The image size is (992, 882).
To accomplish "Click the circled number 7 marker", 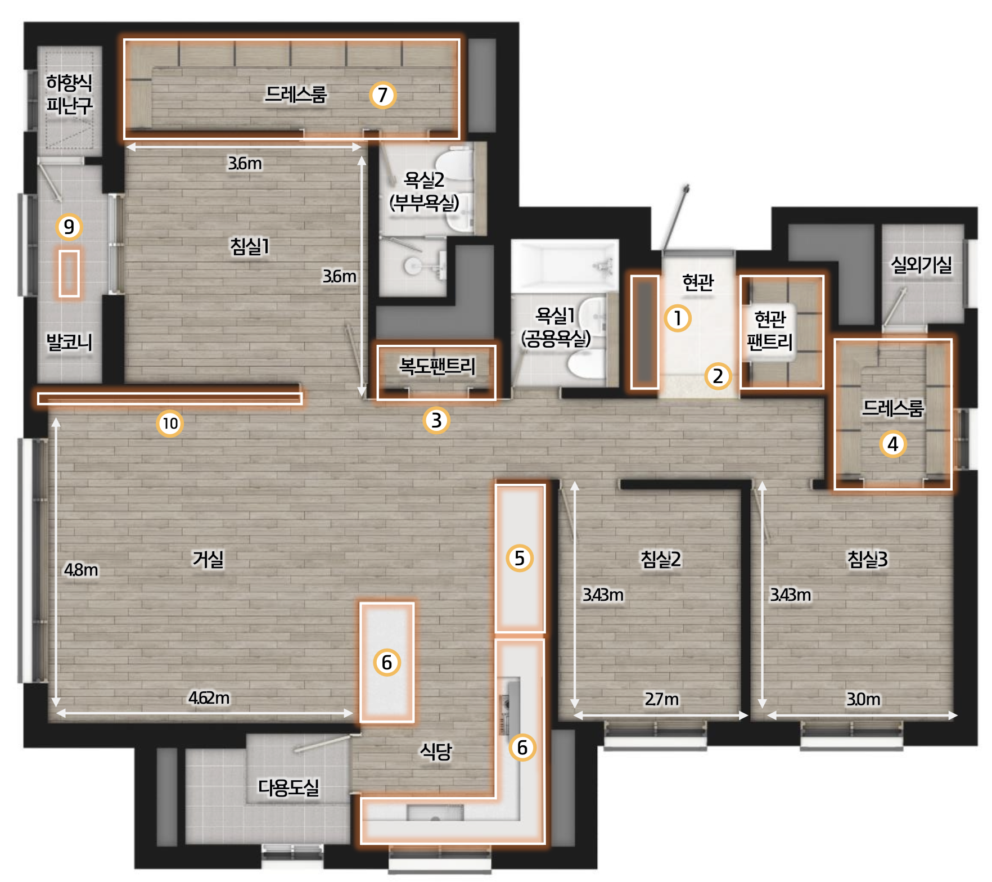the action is pos(383,95).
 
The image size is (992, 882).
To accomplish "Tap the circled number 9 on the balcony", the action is pos(69,227).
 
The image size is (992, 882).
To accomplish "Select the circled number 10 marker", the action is pos(170,423).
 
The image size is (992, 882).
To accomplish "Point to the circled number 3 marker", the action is pos(436,420).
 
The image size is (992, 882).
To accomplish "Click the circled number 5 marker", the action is pos(520,558).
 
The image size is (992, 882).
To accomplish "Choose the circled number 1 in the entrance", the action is pos(678,318).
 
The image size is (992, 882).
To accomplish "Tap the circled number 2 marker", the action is pos(718,376).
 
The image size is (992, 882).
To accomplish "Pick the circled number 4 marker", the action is pos(893,444).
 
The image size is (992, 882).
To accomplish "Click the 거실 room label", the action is pos(208,559).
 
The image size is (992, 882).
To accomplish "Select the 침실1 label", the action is pos(250,246).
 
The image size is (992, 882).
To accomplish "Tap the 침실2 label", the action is pos(661,559).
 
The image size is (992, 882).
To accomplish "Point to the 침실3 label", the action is pos(867,559).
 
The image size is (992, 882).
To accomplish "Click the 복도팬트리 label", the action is pos(437,366).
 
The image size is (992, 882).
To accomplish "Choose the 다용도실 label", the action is pos(288,787).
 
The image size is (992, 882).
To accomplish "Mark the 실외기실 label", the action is pos(921,264).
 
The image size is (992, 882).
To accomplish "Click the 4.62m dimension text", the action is pos(209,698).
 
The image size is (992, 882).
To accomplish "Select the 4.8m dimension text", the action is pos(81,570).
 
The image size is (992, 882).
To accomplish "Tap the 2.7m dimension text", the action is pos(661,699).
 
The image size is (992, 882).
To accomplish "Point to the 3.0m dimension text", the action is pos(863,699).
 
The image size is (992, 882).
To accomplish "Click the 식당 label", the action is pos(436,751).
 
